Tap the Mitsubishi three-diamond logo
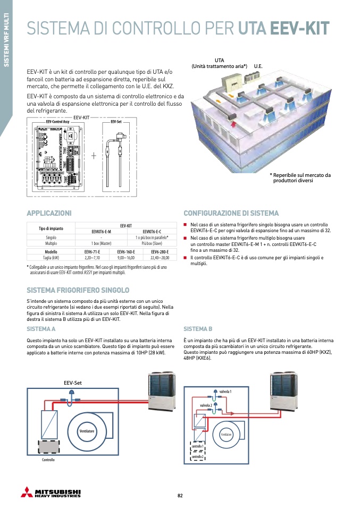pyautogui.click(x=26, y=491)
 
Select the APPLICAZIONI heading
pyautogui.click(x=49, y=213)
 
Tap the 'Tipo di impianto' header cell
pyautogui.click(x=51, y=228)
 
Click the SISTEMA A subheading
pyautogui.click(x=41, y=329)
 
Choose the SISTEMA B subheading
pyautogui.click(x=198, y=329)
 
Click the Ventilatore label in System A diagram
pyautogui.click(x=87, y=430)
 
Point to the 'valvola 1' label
pyautogui.click(x=225, y=391)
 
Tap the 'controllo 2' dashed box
pyautogui.click(x=198, y=457)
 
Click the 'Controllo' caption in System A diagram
pyautogui.click(x=48, y=460)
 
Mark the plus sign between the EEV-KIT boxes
pyautogui.click(x=94, y=156)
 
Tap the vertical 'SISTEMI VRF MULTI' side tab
pyautogui.click(x=6, y=45)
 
